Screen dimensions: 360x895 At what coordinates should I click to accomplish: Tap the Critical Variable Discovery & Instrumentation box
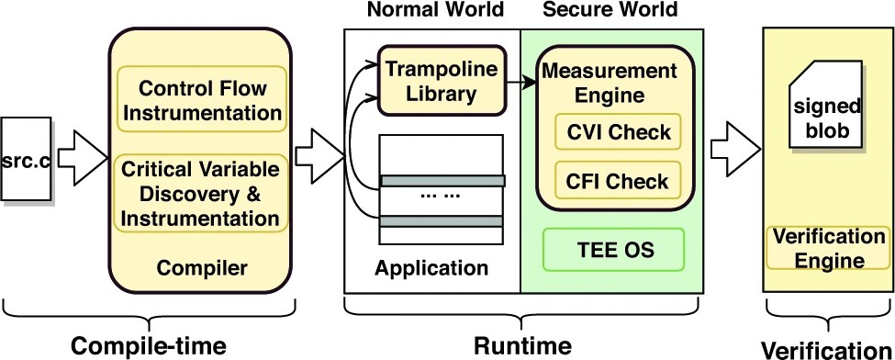201,195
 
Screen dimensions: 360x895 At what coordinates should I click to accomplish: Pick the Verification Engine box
829,249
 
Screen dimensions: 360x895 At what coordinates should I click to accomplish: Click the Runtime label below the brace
522,345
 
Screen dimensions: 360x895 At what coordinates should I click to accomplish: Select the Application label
431,269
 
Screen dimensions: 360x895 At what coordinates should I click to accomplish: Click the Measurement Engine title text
610,82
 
